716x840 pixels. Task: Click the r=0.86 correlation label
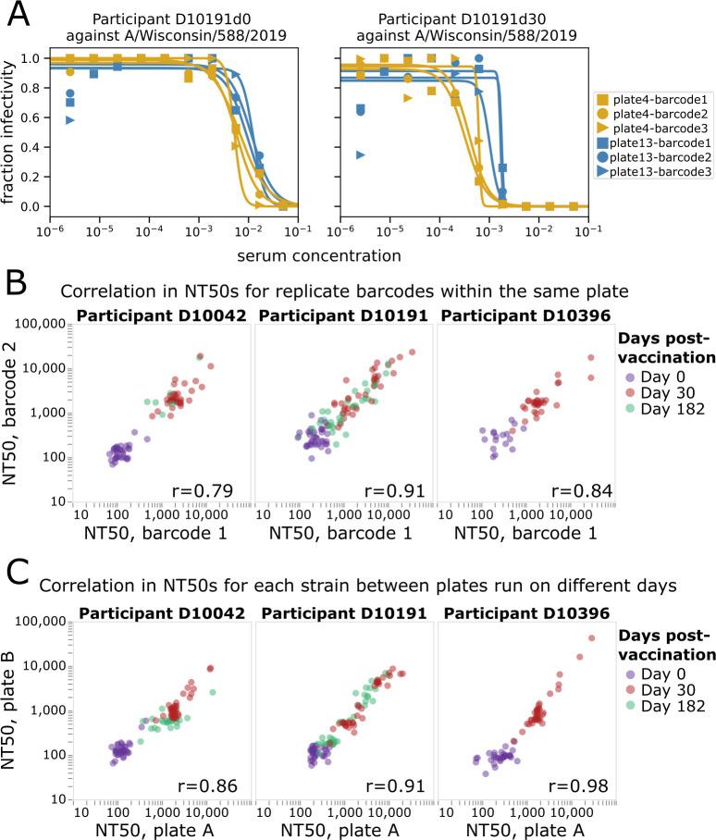(x=214, y=787)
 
